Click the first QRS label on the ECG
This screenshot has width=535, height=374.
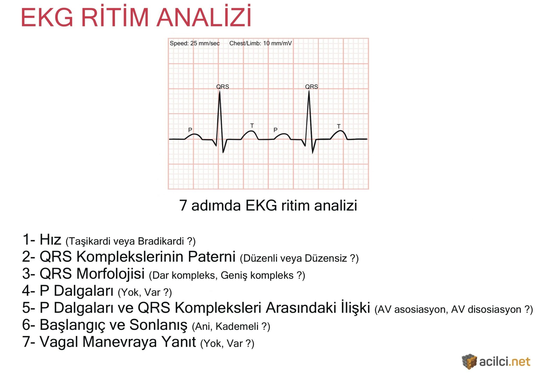click(222, 87)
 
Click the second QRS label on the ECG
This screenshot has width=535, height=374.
click(311, 87)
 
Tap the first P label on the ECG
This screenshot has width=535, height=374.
click(190, 130)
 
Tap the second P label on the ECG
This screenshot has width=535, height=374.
click(275, 130)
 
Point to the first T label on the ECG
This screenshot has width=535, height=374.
click(252, 126)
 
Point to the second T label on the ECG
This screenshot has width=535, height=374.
click(339, 126)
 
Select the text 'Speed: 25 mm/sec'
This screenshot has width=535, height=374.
click(195, 43)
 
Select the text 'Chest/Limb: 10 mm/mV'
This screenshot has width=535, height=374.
click(260, 43)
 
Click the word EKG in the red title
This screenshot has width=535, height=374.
click(47, 18)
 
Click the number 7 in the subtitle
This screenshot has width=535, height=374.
click(183, 205)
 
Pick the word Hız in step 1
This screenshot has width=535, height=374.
click(50, 239)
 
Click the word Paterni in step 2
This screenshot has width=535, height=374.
click(212, 257)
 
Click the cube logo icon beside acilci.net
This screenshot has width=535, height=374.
click(469, 362)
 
